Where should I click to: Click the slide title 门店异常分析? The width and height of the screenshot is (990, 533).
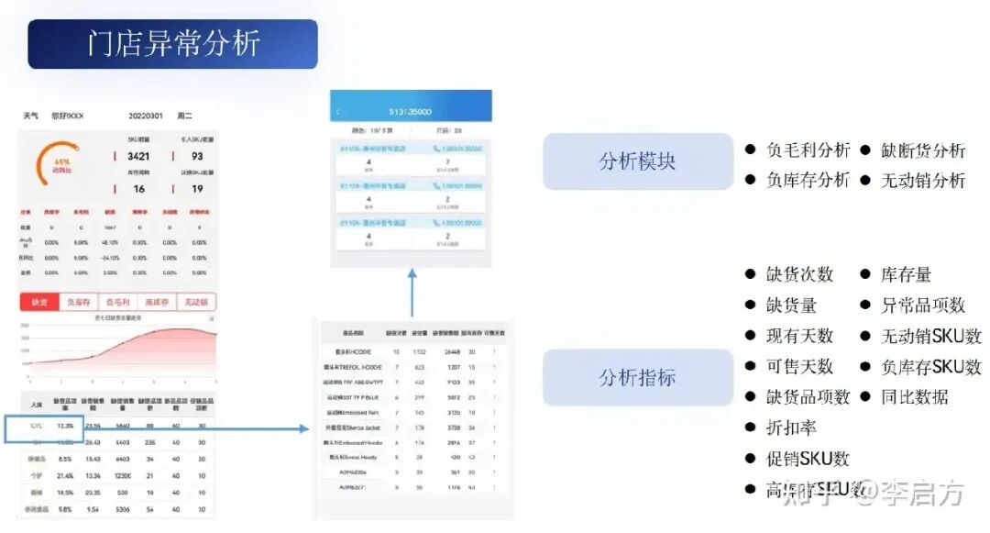click(x=173, y=44)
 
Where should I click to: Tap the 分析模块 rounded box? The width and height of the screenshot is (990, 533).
click(x=637, y=161)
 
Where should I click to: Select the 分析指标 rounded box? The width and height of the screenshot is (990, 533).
click(x=637, y=377)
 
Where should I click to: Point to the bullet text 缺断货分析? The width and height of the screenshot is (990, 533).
click(x=923, y=150)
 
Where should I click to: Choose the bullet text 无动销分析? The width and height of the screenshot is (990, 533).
click(x=923, y=180)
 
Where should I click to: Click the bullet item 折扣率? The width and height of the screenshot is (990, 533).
click(x=791, y=428)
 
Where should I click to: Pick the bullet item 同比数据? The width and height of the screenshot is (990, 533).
click(x=914, y=396)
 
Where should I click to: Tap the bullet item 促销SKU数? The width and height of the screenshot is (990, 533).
click(x=808, y=458)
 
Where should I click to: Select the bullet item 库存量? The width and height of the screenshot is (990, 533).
click(x=906, y=274)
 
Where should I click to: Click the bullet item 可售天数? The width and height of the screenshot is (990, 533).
click(x=799, y=366)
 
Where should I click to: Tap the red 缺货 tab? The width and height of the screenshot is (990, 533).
click(x=39, y=302)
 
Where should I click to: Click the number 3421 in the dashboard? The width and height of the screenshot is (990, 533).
click(x=138, y=156)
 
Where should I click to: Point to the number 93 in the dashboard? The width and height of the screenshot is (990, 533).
click(x=197, y=156)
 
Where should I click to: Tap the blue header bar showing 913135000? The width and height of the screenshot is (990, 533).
click(x=411, y=110)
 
